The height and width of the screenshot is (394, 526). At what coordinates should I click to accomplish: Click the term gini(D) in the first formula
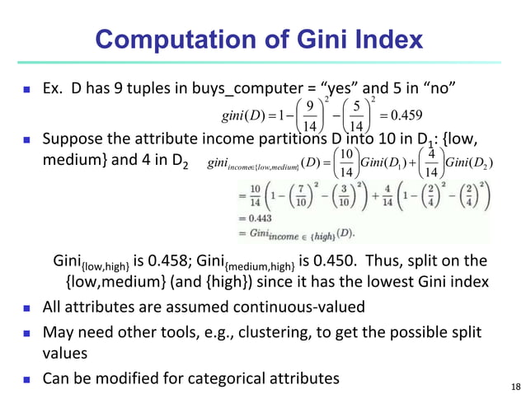pyautogui.click(x=242, y=114)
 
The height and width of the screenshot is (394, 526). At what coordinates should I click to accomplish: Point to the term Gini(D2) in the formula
pyautogui.click(x=471, y=159)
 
